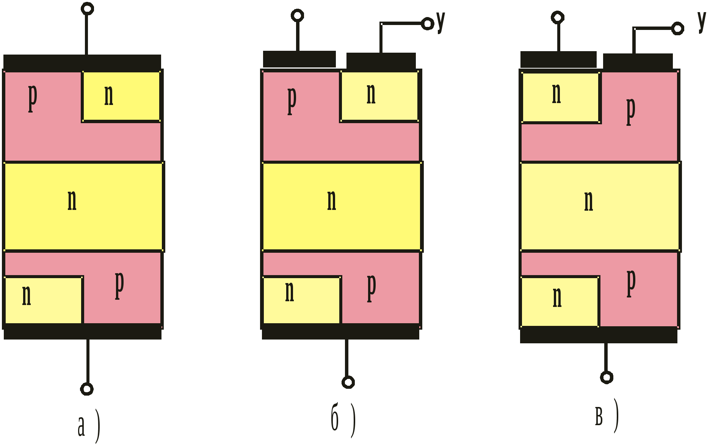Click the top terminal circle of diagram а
point(87,8)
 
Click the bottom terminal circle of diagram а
point(87,389)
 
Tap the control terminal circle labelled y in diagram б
point(427,23)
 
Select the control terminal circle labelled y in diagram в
point(677,28)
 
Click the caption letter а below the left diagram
point(81,426)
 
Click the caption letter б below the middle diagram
point(335,417)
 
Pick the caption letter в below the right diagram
point(599,416)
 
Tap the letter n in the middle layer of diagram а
point(72,200)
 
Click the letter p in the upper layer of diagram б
point(292,100)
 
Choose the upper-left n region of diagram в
point(560,97)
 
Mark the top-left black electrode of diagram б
point(299,59)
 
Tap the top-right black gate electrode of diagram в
point(638,61)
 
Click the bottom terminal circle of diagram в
point(607,377)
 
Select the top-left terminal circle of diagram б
point(297,16)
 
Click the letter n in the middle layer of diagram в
point(588,201)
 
